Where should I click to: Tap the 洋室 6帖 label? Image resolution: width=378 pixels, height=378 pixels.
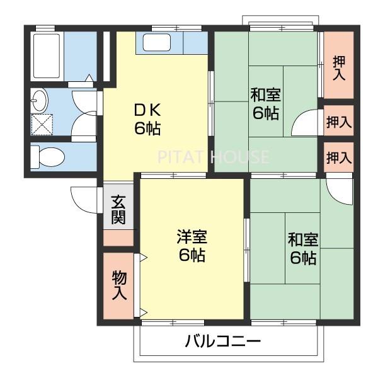click(x=190, y=246)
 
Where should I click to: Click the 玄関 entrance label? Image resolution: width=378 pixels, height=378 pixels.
click(x=118, y=210)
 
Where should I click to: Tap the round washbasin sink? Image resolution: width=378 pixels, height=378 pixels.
click(x=40, y=100)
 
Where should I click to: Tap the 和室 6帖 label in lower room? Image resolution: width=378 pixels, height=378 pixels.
click(x=302, y=249)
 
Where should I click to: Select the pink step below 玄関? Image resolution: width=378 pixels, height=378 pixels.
click(x=118, y=238)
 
